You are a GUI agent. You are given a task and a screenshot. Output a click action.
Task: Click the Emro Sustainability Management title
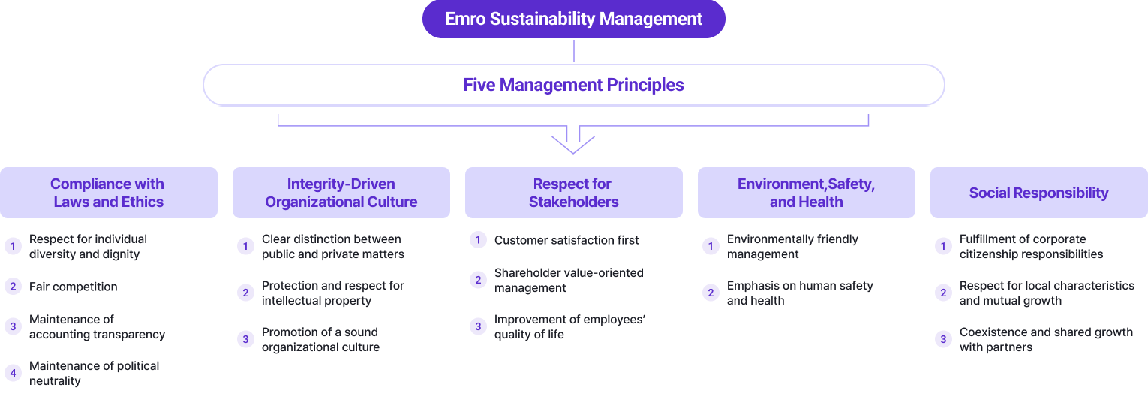point(573,19)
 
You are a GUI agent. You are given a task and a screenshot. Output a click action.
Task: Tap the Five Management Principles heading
point(573,85)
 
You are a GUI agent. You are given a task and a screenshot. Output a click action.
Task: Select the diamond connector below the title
point(574,51)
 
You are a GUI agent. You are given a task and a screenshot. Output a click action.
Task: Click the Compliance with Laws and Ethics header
point(108,193)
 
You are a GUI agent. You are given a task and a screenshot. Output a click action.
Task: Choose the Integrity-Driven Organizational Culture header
point(341,193)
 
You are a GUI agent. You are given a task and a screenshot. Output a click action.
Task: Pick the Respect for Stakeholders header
point(573,193)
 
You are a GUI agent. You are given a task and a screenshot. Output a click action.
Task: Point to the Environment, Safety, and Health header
point(806,193)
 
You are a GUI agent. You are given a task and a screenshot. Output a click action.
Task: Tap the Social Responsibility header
point(1038,193)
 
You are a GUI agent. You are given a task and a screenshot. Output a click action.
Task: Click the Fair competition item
point(74,286)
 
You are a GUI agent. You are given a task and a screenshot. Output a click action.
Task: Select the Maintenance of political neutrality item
point(94,373)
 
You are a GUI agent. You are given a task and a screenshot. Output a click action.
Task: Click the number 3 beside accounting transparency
point(13,326)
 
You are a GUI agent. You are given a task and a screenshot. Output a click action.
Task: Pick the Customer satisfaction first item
point(566,240)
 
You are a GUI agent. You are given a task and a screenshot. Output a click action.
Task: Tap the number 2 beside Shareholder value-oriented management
point(478,280)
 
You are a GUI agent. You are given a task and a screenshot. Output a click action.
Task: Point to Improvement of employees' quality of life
point(569,326)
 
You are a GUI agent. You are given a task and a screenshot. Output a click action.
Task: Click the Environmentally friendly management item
point(792,246)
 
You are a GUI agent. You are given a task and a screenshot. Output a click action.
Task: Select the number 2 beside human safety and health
point(711,292)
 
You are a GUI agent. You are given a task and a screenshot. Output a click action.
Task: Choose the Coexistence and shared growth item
point(1046,339)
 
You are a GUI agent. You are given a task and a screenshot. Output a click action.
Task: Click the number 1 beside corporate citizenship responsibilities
point(943,246)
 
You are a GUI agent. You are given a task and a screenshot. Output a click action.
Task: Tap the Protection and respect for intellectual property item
point(332,292)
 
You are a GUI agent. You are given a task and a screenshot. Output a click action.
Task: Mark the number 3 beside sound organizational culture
point(245,339)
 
